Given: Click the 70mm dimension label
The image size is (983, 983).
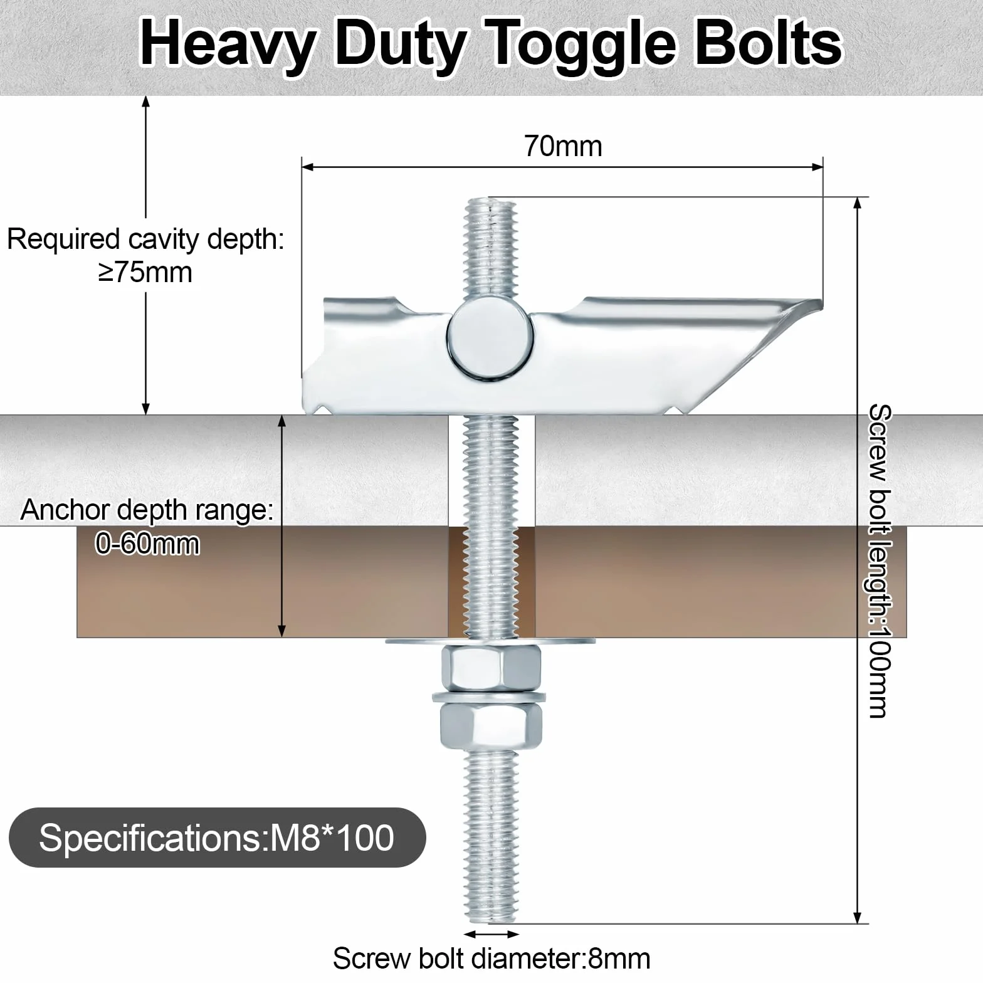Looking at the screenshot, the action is point(562,146).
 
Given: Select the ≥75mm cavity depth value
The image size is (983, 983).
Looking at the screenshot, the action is point(145,273).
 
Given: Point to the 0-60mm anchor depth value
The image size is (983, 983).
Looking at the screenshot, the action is point(148,544).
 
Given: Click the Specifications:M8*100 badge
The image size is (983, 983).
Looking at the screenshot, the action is point(217,838).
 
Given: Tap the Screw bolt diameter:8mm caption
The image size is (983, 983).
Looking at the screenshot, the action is point(491,959).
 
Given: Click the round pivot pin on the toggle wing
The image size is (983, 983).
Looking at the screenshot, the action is point(491,340).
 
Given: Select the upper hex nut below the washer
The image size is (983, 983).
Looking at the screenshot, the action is point(491,669).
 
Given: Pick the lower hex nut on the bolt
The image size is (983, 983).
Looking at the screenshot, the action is point(491,727).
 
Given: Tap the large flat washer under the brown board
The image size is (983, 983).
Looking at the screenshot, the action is point(491,641).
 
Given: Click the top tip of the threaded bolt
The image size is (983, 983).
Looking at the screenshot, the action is point(490,199).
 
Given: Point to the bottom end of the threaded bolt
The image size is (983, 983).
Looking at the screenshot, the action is point(491,921).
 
